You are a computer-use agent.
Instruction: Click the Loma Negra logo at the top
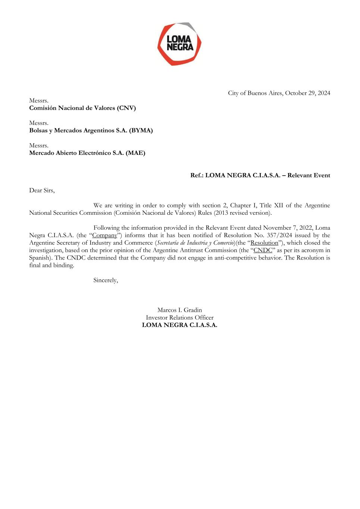(179, 44)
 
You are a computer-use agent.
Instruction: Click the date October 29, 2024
(307, 93)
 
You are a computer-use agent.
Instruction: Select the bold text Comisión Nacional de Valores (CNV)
(82, 108)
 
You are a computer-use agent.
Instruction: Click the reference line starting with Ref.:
(260, 175)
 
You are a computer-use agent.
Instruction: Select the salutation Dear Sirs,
(42, 191)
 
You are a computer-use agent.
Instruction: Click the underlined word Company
(105, 235)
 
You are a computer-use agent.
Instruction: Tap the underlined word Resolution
(264, 243)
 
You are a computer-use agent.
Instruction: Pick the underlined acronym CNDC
(263, 250)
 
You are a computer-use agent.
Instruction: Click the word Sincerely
(106, 280)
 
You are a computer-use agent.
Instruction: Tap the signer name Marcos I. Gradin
(179, 310)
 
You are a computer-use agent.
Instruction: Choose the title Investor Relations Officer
(179, 317)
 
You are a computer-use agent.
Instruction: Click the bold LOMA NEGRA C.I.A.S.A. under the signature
(179, 325)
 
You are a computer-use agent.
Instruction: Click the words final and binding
(51, 265)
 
